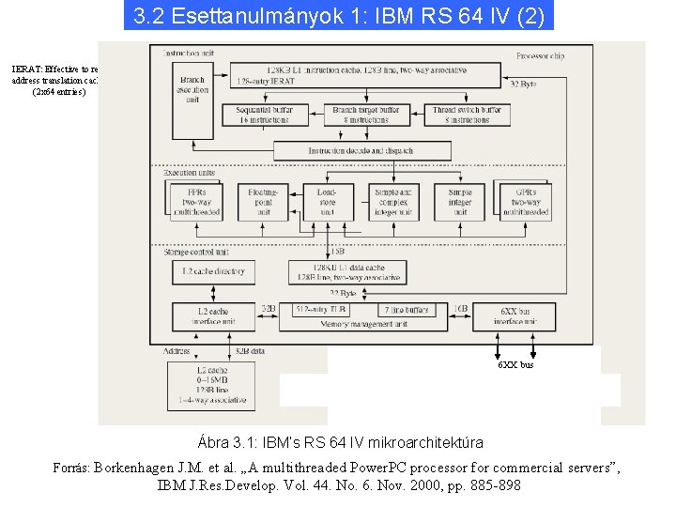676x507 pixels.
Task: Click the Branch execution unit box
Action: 192,90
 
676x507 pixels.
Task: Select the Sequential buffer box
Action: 265,115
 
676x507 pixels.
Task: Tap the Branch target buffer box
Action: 366,115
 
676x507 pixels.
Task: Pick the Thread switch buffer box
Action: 467,115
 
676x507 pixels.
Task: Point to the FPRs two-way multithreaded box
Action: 198,201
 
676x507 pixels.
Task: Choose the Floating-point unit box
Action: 263,201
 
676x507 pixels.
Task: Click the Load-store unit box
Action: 327,201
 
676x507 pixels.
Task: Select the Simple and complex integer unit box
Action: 392,201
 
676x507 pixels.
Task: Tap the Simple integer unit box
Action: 460,201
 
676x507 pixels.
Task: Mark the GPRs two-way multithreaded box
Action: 525,201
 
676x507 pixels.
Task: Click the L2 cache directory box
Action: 211,272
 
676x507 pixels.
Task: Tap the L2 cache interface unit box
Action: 213,316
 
